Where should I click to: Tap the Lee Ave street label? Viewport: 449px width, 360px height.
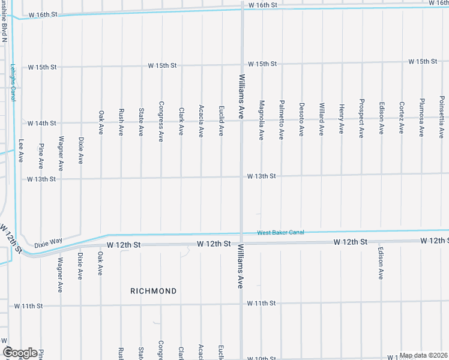21,152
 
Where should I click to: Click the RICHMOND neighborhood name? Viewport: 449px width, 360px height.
154,291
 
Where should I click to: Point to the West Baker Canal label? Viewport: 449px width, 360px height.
281,232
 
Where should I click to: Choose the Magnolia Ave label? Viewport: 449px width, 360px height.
261,120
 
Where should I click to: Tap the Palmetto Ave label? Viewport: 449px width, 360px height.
281,120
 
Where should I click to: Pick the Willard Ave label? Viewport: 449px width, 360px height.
321,118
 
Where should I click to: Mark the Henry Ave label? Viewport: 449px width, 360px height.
341,118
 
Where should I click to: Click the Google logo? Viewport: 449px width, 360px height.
20,353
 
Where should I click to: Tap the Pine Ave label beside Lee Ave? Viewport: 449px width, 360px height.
41,155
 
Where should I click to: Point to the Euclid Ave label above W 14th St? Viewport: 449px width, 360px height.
221,120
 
